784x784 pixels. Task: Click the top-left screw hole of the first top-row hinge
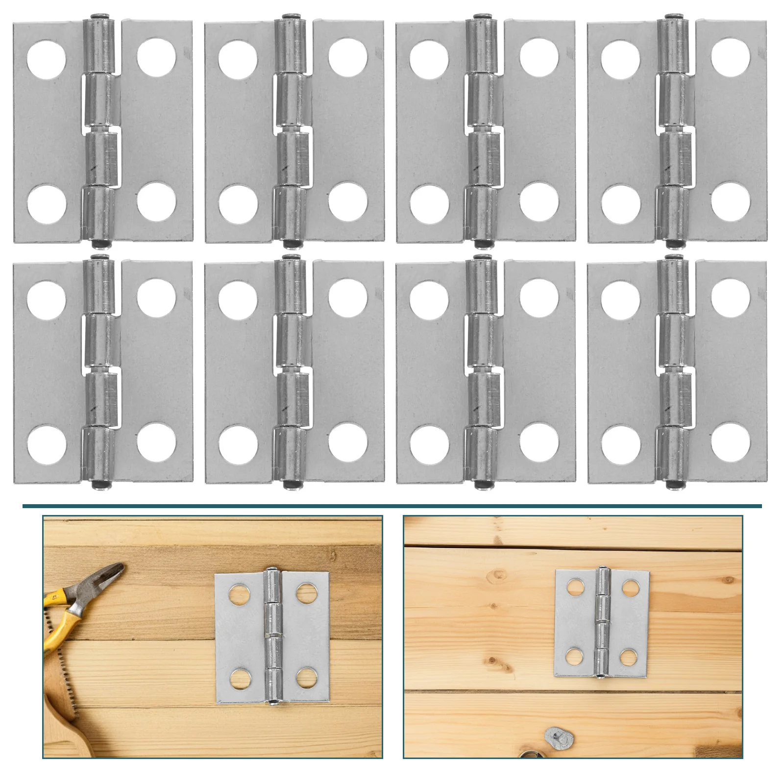point(47,59)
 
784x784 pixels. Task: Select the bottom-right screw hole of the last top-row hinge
point(730,201)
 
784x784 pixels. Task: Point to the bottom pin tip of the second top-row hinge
point(293,243)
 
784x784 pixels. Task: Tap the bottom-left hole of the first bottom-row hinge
point(47,444)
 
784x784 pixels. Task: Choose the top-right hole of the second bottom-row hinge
point(348,297)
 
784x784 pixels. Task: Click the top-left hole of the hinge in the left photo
point(239,594)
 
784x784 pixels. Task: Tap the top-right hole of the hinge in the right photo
point(630,588)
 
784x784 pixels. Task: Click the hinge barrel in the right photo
point(602,622)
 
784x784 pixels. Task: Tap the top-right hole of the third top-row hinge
point(539,57)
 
